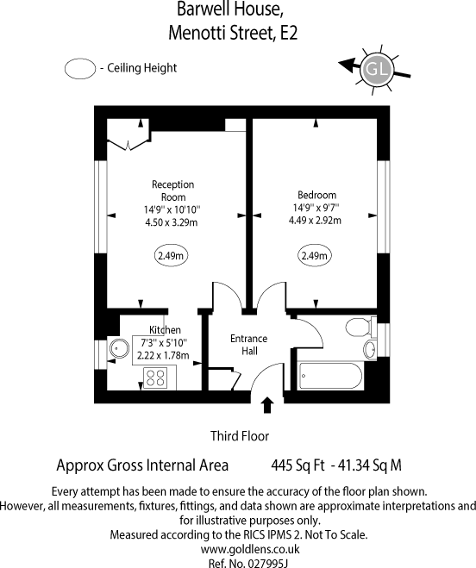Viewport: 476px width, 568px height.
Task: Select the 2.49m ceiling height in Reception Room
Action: coord(172,256)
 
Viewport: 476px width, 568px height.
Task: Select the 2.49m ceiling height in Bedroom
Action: coord(315,256)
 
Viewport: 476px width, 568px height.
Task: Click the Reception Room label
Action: coord(172,190)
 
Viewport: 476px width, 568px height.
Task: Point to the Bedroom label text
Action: coord(316,195)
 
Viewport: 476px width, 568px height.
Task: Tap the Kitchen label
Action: coord(165,330)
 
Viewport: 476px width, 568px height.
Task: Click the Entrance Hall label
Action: coord(248,346)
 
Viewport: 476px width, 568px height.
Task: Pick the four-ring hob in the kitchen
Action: coord(156,377)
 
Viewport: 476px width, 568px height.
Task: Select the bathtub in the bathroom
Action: coord(329,376)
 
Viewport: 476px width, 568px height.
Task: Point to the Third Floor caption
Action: coord(240,436)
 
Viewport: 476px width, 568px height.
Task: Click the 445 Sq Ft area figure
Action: coord(297,465)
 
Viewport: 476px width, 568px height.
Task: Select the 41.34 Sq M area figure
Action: coord(371,465)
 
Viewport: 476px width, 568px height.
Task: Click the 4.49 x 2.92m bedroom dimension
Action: coord(315,220)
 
